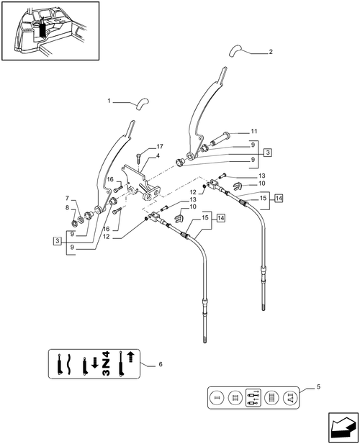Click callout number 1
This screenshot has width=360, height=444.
pos(110,101)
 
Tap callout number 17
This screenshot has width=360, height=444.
pos(159,146)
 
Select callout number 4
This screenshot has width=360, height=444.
pos(158,155)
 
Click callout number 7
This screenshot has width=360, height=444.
pos(67,198)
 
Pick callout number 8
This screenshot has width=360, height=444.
pos(67,208)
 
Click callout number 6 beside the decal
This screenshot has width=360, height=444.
pos(160,365)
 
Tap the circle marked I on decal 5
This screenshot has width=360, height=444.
pos(214,398)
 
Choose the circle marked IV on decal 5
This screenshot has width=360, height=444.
pos(292,398)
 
